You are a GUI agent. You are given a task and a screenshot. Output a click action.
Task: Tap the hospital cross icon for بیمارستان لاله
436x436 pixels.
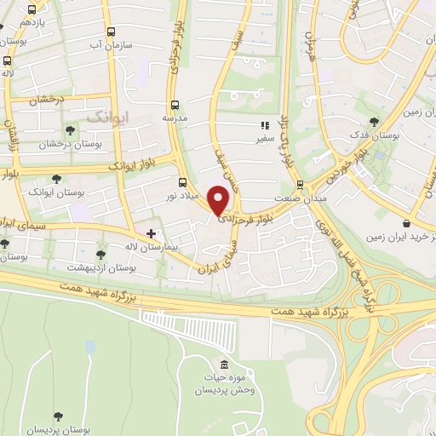(x=151, y=232)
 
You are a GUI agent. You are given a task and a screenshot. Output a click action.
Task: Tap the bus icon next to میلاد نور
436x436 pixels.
(x=182, y=181)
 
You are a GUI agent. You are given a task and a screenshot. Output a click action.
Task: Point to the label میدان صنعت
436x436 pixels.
(x=300, y=198)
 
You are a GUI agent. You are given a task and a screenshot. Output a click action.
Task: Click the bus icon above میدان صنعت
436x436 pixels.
(x=299, y=184)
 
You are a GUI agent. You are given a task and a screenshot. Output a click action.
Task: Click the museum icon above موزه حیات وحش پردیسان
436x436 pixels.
(x=225, y=364)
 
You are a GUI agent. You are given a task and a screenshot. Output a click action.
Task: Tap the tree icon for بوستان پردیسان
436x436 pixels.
(x=57, y=416)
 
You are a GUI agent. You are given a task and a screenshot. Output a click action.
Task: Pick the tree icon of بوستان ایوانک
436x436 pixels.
(x=56, y=180)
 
